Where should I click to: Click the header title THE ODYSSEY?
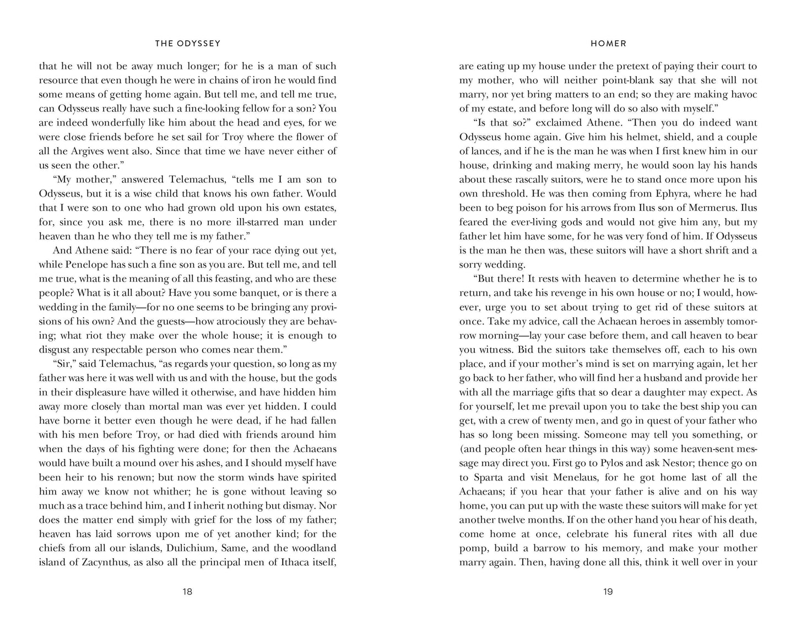(187, 44)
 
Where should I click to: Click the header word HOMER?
(608, 44)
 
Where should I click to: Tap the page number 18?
(187, 592)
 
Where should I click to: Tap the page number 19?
(608, 592)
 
